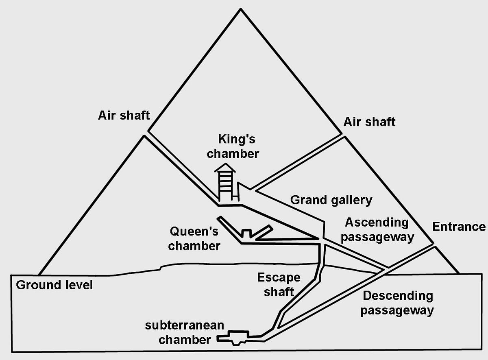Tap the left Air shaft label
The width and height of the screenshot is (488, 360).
point(124,115)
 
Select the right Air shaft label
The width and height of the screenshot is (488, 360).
point(369,122)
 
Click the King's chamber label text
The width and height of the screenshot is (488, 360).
point(233,146)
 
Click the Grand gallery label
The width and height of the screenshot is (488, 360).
point(331,200)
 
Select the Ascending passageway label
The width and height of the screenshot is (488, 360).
point(377,229)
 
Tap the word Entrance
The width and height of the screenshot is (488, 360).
point(458,227)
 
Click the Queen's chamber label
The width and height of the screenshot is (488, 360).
point(194,239)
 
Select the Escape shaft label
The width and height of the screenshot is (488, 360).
point(279,284)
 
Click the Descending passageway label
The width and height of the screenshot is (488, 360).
point(397,303)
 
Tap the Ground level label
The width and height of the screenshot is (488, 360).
point(54,285)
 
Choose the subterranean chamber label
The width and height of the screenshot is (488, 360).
point(185,332)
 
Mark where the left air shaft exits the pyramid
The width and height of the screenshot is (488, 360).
point(146,133)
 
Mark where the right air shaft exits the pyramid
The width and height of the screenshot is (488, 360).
point(343,135)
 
